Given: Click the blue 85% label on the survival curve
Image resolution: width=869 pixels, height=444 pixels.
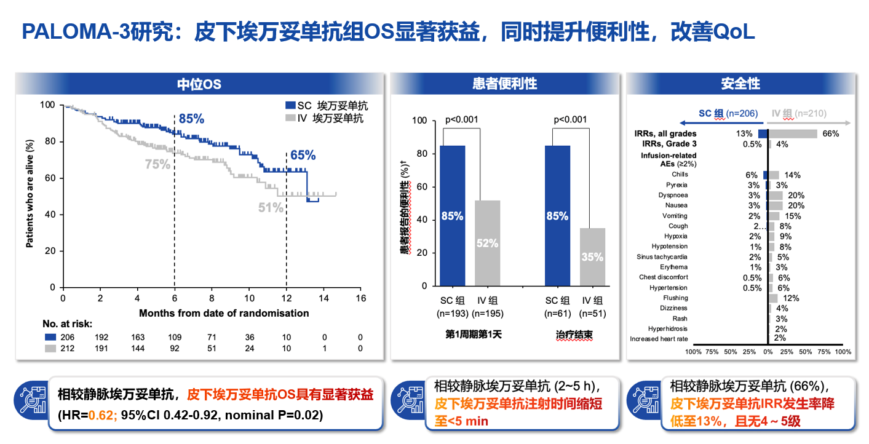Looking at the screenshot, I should click(191, 119).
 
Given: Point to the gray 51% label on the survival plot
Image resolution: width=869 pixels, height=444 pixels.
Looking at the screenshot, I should click(271, 208).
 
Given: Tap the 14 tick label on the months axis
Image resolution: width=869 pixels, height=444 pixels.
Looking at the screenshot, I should click(323, 298).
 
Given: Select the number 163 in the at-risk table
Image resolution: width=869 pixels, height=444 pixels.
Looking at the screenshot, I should click(138, 337).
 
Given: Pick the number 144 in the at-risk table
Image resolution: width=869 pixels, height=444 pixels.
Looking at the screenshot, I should click(138, 349).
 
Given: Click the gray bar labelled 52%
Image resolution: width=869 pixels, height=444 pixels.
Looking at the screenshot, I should click(487, 243).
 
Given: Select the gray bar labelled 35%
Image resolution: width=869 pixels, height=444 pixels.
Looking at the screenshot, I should click(592, 257).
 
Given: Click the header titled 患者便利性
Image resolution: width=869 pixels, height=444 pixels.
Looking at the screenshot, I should click(504, 84).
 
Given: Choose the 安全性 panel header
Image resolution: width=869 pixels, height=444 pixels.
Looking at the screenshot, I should click(740, 84).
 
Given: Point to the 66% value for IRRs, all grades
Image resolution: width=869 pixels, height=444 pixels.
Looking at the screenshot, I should click(830, 133).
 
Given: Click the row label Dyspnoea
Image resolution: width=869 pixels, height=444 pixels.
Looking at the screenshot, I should click(673, 195).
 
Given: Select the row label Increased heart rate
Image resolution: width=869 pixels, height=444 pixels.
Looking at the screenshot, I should click(659, 339).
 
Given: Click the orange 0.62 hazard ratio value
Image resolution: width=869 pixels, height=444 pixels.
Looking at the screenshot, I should click(101, 415).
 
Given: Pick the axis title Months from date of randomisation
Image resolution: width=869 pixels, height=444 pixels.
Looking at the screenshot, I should click(224, 313).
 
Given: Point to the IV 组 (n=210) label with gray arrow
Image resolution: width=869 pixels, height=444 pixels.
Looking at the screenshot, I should click(798, 113).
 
